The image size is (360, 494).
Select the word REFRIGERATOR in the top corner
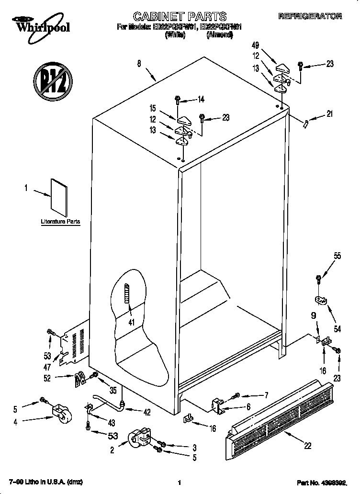310,16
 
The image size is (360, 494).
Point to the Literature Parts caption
60,222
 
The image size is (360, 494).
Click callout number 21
329,114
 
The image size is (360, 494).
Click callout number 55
337,256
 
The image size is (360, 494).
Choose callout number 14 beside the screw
201,100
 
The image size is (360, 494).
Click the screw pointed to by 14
178,100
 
